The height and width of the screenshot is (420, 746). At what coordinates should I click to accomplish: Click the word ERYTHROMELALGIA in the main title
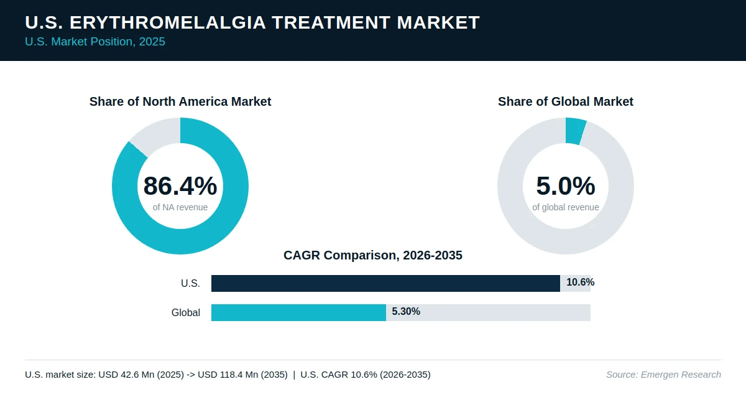tap(167, 22)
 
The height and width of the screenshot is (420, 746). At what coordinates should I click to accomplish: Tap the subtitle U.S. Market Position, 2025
tap(95, 42)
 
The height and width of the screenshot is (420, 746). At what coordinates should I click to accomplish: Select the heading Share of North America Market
tap(180, 101)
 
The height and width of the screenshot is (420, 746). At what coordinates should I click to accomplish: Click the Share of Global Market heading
tap(566, 101)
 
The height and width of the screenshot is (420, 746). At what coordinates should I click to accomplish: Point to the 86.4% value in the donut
tap(180, 185)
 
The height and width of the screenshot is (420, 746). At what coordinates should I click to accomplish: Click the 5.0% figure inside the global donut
tap(566, 185)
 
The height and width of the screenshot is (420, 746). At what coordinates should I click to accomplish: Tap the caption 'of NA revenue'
tap(180, 207)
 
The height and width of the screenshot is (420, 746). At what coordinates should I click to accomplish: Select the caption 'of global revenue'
tap(566, 207)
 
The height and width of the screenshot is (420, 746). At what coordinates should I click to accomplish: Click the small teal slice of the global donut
tap(575, 131)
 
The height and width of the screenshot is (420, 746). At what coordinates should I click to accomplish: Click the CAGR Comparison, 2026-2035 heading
tap(372, 255)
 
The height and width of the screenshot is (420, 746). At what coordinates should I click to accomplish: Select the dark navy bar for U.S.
tap(385, 283)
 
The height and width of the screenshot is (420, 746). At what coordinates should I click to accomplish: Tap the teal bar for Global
tap(299, 312)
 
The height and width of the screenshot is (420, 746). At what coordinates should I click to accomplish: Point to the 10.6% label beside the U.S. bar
tap(580, 282)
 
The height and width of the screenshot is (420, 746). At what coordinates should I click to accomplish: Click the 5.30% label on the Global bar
tap(405, 311)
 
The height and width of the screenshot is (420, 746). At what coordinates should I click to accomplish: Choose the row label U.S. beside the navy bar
tap(190, 283)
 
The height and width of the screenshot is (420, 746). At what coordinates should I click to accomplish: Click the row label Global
tap(185, 312)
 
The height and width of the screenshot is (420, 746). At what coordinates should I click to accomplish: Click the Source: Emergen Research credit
tap(663, 375)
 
